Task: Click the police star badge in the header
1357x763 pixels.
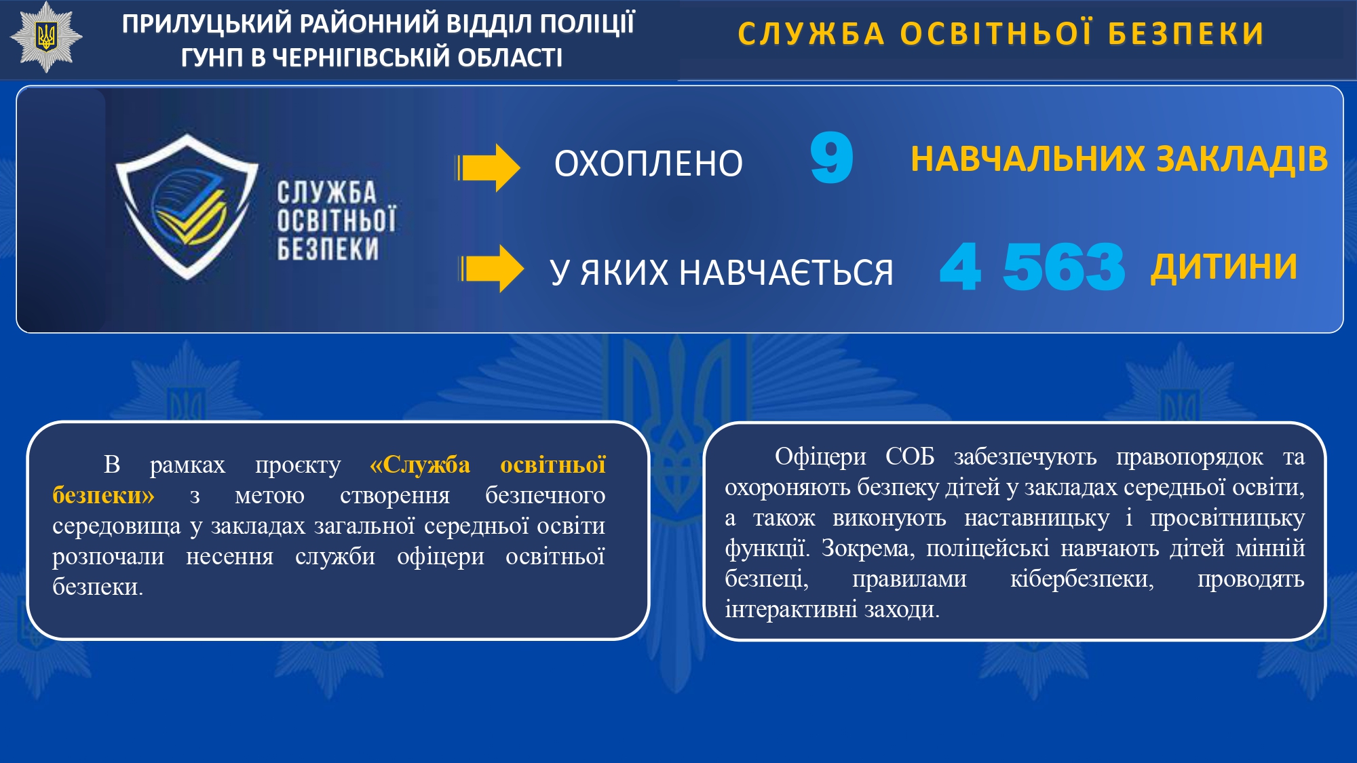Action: [x=46, y=37]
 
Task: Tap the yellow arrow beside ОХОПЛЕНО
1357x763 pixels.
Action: [x=488, y=168]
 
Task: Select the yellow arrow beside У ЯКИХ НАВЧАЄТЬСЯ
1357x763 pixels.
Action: [x=491, y=269]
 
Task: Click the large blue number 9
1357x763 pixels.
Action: [x=832, y=157]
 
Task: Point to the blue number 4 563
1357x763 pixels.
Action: [x=1032, y=267]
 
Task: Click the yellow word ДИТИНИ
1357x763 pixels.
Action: [x=1223, y=266]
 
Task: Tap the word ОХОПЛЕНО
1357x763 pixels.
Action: [x=649, y=163]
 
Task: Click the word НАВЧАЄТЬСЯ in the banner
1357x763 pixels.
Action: [x=786, y=272]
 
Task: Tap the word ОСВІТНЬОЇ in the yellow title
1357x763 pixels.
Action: [x=997, y=34]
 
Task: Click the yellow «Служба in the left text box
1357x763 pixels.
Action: [x=420, y=465]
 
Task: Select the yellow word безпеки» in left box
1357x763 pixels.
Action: [x=103, y=495]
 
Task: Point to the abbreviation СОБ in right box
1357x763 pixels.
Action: [x=910, y=456]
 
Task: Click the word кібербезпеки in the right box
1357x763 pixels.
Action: [x=1082, y=579]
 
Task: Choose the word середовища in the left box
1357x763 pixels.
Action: [x=117, y=526]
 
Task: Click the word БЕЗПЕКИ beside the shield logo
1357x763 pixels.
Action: [x=328, y=250]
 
